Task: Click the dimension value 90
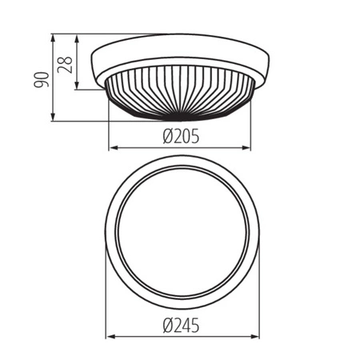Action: tap(44, 78)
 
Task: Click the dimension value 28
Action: tap(68, 62)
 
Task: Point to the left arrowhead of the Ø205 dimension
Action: tap(111, 148)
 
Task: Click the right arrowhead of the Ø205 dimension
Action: tap(248, 148)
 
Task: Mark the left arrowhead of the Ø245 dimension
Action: tap(109, 337)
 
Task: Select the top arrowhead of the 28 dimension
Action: tap(77, 37)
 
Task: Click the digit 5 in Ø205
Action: tap(194, 137)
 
